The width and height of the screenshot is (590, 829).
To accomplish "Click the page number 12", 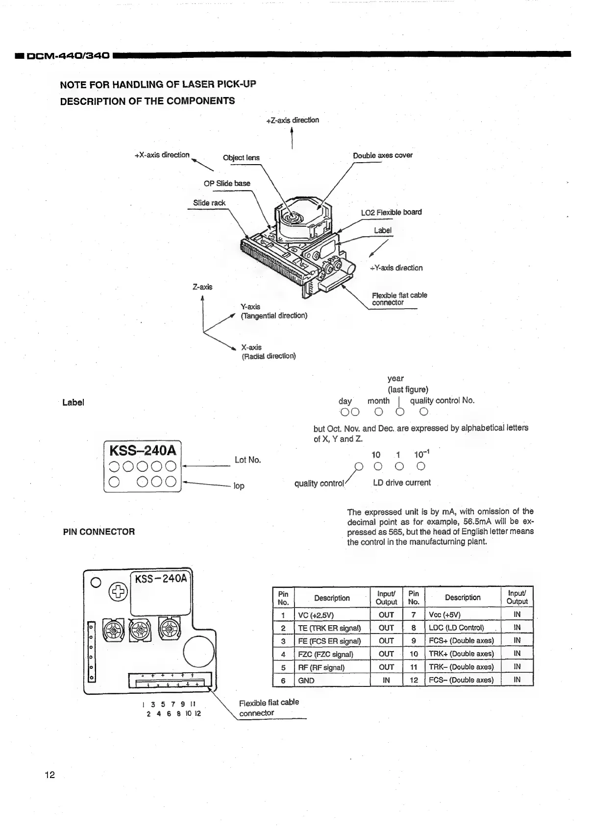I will point(49,775).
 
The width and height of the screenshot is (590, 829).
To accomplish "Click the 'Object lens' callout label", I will point(241,157).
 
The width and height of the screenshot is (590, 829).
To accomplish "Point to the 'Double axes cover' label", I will point(383,155).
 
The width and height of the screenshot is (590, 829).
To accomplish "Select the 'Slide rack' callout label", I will point(209,203).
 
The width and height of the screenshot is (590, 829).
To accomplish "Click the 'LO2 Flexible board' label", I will point(391,212).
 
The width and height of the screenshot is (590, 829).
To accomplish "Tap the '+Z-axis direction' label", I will point(293,120).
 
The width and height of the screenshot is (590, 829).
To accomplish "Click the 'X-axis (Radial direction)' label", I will point(269,352).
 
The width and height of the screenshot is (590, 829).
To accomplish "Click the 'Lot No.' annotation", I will point(248,460).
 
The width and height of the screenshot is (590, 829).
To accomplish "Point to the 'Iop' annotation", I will point(239,486).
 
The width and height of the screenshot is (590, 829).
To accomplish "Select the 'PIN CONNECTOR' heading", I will point(99,532).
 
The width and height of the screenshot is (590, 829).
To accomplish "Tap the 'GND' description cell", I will point(306,681).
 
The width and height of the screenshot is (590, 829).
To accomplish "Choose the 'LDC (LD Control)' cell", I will point(456,628).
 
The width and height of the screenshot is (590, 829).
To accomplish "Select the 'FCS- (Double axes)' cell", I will point(461,680).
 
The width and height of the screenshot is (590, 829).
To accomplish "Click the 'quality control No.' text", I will point(442,400).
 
